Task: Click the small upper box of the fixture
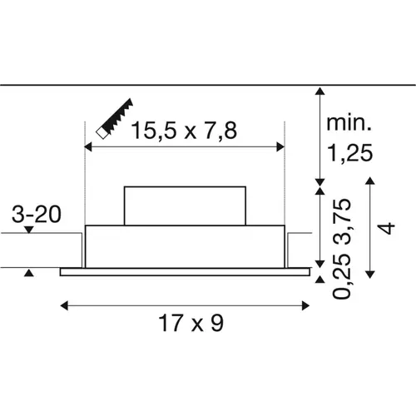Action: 185,206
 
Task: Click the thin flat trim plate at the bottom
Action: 185,270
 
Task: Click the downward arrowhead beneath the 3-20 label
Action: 30,230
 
